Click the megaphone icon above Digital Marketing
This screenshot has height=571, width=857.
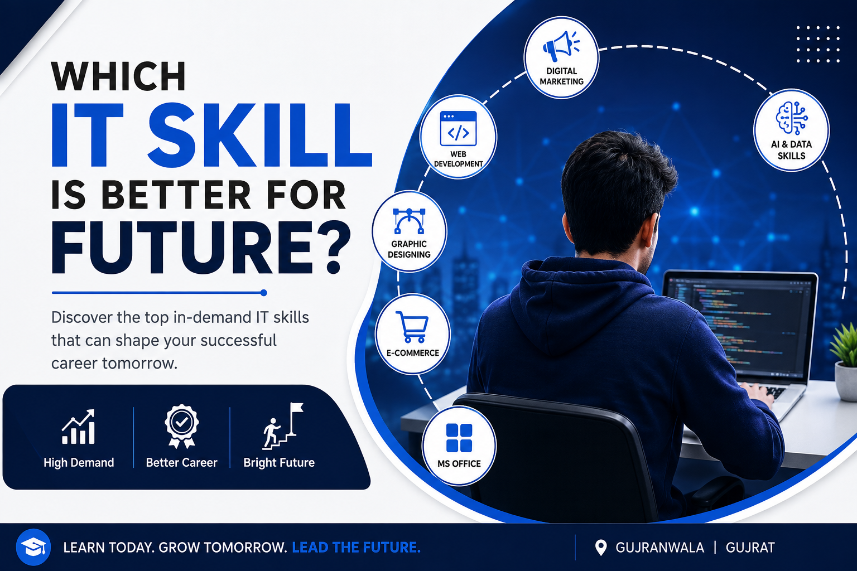click(561, 45)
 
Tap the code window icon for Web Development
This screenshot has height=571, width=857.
click(458, 128)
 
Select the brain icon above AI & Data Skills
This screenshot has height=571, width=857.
click(792, 118)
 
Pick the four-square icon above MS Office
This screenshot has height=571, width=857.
click(459, 438)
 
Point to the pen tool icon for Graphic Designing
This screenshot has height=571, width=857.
click(409, 221)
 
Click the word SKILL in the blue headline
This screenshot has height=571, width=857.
click(259, 136)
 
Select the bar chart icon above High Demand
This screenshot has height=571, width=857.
click(78, 427)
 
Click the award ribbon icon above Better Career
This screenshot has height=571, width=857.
click(181, 426)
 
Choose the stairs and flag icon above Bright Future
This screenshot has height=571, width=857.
click(283, 425)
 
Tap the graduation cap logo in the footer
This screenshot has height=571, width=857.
click(33, 547)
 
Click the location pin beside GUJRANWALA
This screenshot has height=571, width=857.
click(601, 548)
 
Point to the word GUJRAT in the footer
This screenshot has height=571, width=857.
click(750, 548)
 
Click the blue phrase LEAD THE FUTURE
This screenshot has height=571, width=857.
click(356, 548)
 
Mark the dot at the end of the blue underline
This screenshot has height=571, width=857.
click(263, 293)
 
